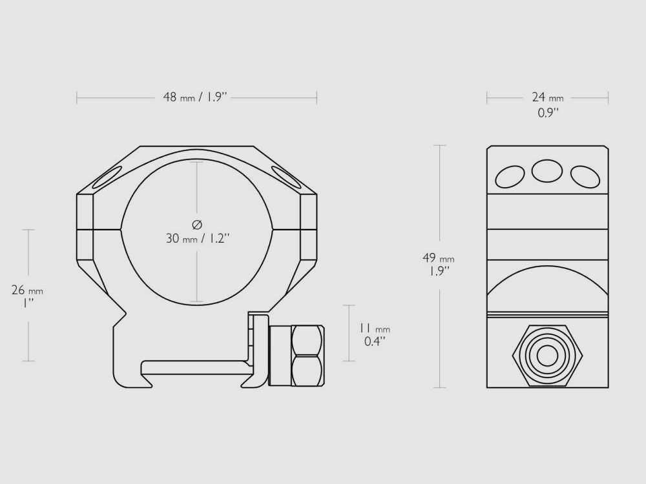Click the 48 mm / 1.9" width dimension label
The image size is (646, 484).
click(194, 97)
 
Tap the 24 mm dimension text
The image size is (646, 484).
click(547, 97)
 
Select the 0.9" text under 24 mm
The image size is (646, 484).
click(548, 114)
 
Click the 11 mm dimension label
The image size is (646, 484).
click(374, 328)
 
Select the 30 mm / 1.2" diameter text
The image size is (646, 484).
click(198, 238)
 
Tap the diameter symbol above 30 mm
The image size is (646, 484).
click(197, 224)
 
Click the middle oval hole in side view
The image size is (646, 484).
click(547, 171)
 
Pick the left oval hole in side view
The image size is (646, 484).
click(510, 176)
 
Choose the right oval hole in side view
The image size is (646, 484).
click(585, 176)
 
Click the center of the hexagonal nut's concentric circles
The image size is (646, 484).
click(547, 354)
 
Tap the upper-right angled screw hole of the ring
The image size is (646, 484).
click(286, 176)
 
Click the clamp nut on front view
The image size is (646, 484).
click(307, 356)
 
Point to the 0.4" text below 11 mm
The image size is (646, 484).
click(374, 341)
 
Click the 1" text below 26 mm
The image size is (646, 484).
click(27, 303)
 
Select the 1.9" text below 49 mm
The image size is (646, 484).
click(437, 271)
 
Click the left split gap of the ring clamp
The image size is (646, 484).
click(99, 228)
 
